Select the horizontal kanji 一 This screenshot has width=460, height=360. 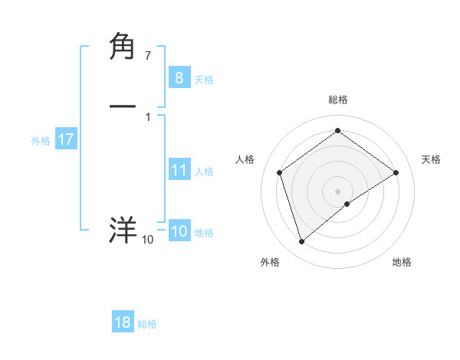coord(123,106)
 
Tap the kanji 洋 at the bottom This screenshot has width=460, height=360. coord(123,231)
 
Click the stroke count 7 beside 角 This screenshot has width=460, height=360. coord(148,56)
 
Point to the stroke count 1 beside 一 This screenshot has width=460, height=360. coord(148,117)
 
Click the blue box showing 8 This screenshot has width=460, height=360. coord(179,77)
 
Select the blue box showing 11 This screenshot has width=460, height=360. coord(179,170)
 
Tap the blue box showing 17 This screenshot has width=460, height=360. coord(65,139)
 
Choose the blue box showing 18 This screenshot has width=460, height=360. coord(123,322)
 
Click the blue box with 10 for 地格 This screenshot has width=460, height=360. coord(179,231)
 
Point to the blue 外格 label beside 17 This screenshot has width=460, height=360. coord(41,141)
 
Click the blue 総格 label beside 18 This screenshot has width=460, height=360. coord(147,325)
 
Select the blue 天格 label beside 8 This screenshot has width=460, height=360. coord(204,80)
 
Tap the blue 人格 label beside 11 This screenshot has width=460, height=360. coord(204,172)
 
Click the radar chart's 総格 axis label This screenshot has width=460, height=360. coord(338,100)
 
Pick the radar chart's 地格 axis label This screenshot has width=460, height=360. coord(402,262)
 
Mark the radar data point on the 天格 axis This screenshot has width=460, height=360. coord(396,172)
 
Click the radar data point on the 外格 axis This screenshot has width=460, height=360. coord(302,242)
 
